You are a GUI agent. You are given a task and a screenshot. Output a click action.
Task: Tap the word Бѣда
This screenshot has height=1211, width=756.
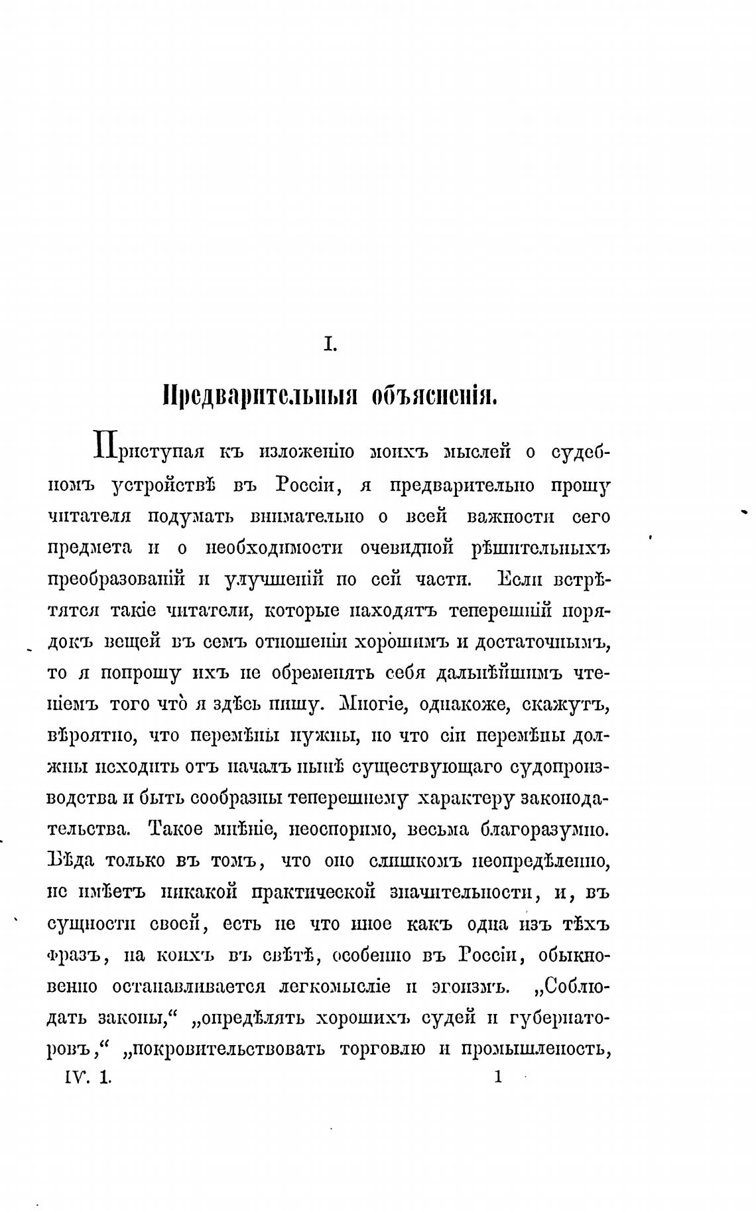click(70, 861)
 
